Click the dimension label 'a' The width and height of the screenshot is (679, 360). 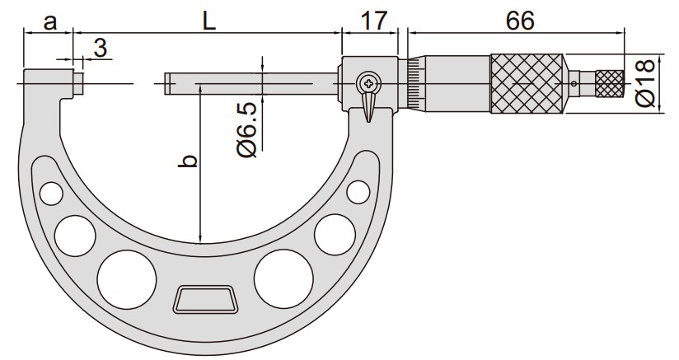coord(50,21)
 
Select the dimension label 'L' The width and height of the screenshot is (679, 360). coord(209,21)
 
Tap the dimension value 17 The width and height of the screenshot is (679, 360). coord(373,21)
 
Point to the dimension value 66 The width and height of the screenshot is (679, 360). coord(520,21)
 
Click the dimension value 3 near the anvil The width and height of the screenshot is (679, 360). coord(100,48)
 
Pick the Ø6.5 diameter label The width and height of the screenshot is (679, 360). coord(248,130)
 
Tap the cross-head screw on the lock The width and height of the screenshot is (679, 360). coord(369,83)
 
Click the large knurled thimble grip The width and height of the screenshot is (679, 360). coord(527,84)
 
